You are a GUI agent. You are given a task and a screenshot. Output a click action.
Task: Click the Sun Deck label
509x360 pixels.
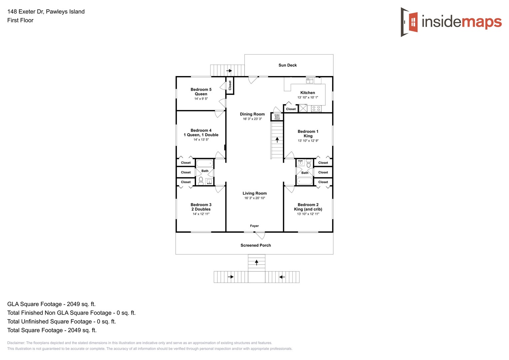pyautogui.click(x=287, y=65)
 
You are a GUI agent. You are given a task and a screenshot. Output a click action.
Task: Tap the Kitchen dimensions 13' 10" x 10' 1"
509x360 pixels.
pyautogui.click(x=307, y=98)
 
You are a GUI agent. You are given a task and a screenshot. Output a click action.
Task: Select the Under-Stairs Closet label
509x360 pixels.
pyautogui.click(x=277, y=117)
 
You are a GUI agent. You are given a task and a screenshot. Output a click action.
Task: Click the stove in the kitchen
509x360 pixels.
pyautogui.click(x=316, y=109)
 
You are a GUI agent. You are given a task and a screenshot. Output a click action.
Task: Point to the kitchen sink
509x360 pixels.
pyautogui.click(x=310, y=81)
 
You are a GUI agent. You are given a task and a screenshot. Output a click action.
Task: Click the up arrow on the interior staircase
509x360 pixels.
pyautogui.click(x=277, y=140)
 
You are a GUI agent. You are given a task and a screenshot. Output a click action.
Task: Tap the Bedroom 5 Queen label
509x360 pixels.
pyautogui.click(x=201, y=92)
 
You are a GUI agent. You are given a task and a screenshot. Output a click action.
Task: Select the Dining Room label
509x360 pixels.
pyautogui.click(x=252, y=114)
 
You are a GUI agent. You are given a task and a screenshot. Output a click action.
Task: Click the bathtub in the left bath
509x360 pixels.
pyautogui.click(x=204, y=163)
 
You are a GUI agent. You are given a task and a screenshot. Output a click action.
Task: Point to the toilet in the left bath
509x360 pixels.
pyautogui.click(x=201, y=181)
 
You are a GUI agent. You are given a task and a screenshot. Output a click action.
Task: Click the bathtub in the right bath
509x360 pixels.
pyautogui.click(x=305, y=181)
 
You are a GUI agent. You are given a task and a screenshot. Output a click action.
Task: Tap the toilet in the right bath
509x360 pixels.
pyautogui.click(x=309, y=164)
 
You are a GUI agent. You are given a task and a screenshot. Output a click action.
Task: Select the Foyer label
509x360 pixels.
pyautogui.click(x=254, y=226)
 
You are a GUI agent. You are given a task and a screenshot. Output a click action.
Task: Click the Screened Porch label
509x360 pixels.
pyautogui.click(x=256, y=245)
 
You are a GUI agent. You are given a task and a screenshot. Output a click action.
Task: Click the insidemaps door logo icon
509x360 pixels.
pyautogui.click(x=410, y=22)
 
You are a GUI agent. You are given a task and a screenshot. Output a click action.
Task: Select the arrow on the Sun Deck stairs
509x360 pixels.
pyautogui.click(x=229, y=71)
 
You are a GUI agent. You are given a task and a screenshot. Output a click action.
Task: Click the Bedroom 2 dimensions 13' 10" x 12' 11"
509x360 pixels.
pyautogui.click(x=308, y=214)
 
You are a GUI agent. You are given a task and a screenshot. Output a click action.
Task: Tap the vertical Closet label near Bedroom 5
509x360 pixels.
pyautogui.click(x=230, y=85)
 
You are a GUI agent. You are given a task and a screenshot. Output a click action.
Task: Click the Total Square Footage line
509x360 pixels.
pyautogui.click(x=52, y=330)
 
